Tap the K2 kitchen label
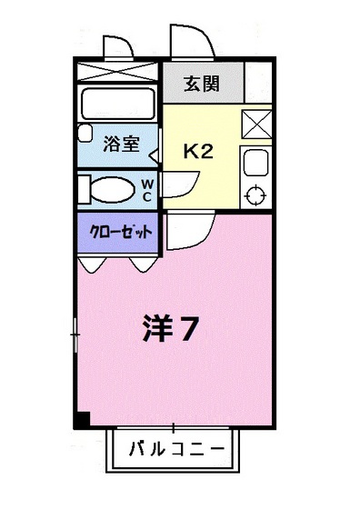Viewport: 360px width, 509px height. tap(198, 151)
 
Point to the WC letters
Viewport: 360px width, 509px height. tap(146, 189)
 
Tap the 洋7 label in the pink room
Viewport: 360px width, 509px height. tap(170, 329)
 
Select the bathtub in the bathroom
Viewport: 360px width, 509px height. tap(119, 103)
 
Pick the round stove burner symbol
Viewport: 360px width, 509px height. tap(255, 195)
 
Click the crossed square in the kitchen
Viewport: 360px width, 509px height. tap(256, 123)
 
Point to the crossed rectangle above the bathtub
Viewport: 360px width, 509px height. tap(118, 72)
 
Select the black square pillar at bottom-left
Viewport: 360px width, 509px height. tap(81, 420)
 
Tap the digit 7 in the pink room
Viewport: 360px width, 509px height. tap(187, 330)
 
